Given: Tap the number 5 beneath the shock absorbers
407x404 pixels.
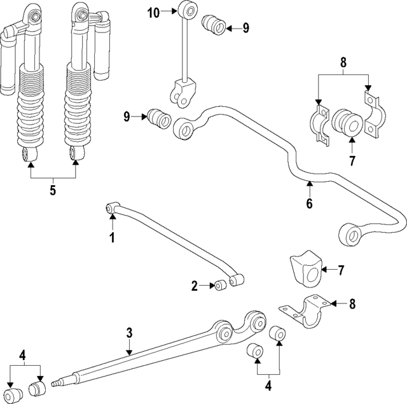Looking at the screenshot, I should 53,190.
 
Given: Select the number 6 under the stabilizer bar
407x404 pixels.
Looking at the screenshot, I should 309,204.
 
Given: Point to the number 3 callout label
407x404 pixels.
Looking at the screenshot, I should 129,332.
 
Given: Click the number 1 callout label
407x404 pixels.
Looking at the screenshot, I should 112,239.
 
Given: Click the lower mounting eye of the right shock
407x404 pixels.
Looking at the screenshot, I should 78,153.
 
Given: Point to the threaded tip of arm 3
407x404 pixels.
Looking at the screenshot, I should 57,381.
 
